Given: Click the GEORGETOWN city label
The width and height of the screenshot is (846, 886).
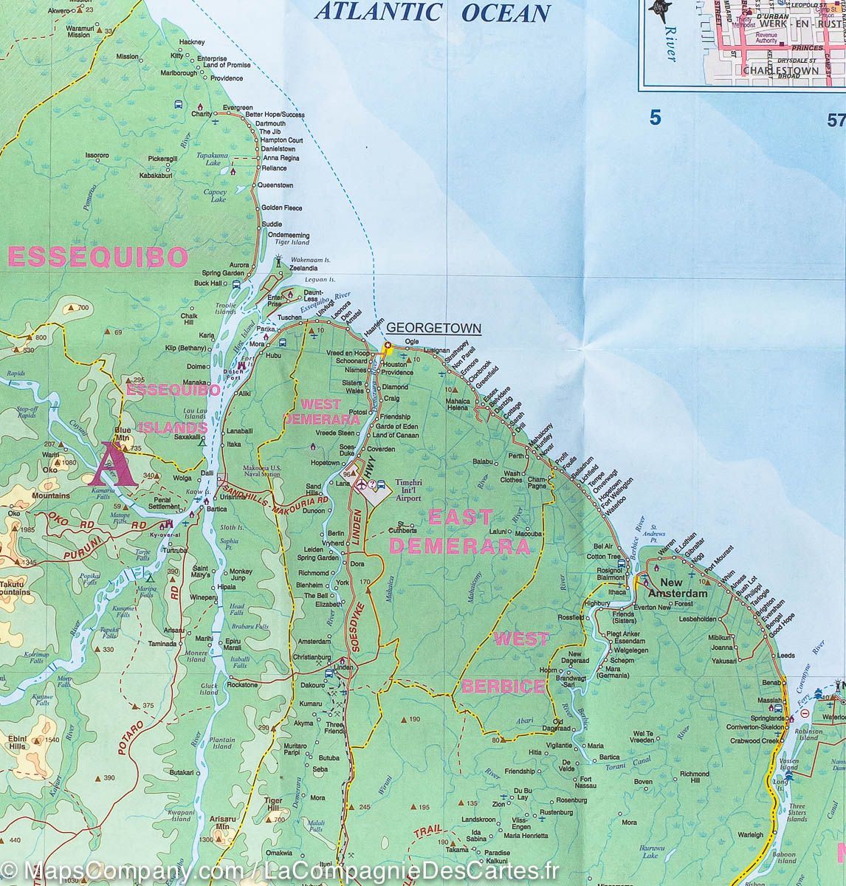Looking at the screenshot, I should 433,328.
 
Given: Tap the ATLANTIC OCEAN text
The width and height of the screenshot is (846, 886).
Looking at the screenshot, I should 433,13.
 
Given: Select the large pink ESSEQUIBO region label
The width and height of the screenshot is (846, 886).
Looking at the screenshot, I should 97,257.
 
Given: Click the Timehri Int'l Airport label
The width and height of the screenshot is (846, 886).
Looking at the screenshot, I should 413,489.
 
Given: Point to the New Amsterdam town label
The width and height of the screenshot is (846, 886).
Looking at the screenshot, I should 678,593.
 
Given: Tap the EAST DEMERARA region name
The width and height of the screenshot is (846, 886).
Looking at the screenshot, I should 458,532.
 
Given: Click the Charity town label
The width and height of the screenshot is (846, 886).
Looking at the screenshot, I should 201,114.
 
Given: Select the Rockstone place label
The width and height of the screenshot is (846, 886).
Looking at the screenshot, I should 242,685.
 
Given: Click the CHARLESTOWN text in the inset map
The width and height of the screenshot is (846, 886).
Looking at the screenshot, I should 781,70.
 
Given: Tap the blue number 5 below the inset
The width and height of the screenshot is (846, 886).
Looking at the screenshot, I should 654,117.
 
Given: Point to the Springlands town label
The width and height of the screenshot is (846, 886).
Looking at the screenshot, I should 766,718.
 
